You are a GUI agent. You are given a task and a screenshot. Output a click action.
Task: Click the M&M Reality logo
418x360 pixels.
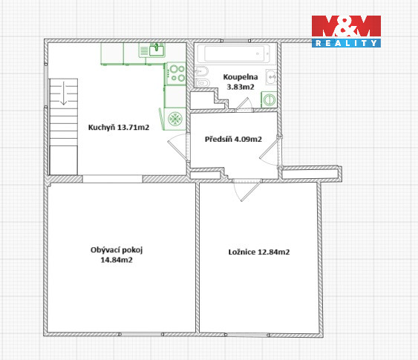point(346,31)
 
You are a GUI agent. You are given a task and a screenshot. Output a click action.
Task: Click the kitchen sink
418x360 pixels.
point(152,50)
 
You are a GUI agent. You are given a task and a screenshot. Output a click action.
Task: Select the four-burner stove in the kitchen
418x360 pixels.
point(176,73)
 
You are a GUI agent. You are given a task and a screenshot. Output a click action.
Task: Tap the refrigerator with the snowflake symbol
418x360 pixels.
point(175,119)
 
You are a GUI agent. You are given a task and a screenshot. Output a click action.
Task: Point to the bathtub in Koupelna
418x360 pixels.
point(234,53)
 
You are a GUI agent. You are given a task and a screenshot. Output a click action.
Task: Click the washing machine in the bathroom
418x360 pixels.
point(270,99)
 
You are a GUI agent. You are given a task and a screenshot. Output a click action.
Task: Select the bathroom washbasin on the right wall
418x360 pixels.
point(272,77)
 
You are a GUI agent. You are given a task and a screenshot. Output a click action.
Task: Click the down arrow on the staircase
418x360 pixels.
point(63,93)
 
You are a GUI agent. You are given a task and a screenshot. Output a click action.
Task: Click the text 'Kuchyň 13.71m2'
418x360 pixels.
point(119,128)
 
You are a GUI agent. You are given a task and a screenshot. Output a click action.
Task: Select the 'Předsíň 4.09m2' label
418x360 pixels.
point(233,139)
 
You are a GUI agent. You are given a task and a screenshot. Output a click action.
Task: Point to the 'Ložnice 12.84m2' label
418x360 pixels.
point(259,252)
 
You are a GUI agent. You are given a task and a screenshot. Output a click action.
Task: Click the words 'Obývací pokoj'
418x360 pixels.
point(117,250)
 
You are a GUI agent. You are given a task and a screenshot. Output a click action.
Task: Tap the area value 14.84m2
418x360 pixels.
point(117,260)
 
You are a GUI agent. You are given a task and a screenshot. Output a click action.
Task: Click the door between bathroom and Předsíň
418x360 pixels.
point(244,105)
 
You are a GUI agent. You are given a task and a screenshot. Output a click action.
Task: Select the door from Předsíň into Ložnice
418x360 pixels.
point(246,190)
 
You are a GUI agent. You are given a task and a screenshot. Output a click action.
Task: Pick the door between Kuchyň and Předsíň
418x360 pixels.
point(179,148)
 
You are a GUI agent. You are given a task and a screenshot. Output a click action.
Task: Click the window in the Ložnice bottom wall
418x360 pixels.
point(247,335)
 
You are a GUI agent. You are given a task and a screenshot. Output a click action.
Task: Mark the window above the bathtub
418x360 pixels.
point(235,41)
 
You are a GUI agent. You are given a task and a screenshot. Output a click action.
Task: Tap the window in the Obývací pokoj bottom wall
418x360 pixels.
point(141,335)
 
